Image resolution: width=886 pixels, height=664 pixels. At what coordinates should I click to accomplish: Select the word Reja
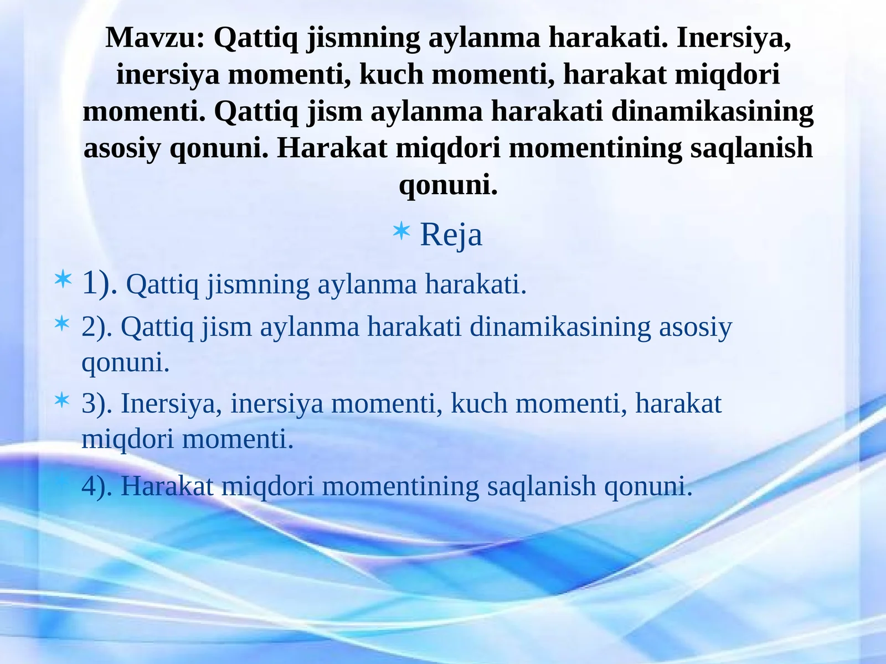(x=451, y=235)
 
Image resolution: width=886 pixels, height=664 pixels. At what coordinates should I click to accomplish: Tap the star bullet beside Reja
(x=401, y=231)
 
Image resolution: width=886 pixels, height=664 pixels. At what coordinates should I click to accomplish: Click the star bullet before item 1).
(x=63, y=279)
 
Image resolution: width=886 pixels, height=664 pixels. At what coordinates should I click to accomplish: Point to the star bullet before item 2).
(x=63, y=323)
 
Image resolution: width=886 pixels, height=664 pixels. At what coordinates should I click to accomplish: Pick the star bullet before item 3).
(x=63, y=400)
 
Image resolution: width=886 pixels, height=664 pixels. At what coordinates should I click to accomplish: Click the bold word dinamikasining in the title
(x=712, y=111)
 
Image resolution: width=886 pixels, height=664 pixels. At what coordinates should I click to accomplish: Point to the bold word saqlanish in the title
(x=751, y=148)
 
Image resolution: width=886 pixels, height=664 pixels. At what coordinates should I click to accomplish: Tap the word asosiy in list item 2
(x=695, y=326)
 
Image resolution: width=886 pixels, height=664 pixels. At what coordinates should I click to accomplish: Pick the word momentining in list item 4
(x=400, y=486)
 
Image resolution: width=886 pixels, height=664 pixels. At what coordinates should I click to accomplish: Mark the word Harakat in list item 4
(x=167, y=486)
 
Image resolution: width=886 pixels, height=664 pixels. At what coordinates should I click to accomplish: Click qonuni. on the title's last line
(x=449, y=184)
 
